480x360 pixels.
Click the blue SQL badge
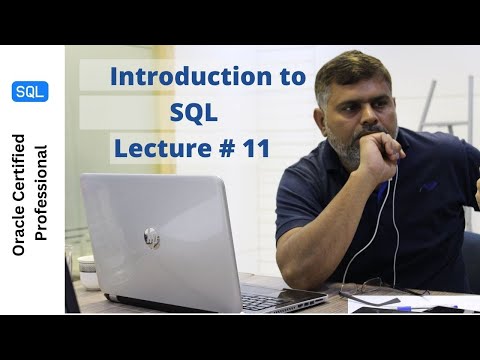point(29,91)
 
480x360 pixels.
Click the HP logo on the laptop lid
point(150,237)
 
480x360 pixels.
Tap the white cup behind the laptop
point(89,268)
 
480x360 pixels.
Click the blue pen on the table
point(419,307)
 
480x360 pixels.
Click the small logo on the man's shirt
point(429,186)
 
